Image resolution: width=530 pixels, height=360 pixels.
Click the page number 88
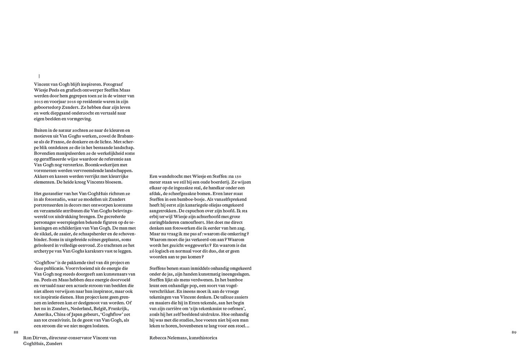[x=15, y=332]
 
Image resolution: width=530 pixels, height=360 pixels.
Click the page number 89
[x=514, y=332]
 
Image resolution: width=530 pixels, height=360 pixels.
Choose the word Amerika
[x=43, y=315]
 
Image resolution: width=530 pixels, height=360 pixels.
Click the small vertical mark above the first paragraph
[x=39, y=76]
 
